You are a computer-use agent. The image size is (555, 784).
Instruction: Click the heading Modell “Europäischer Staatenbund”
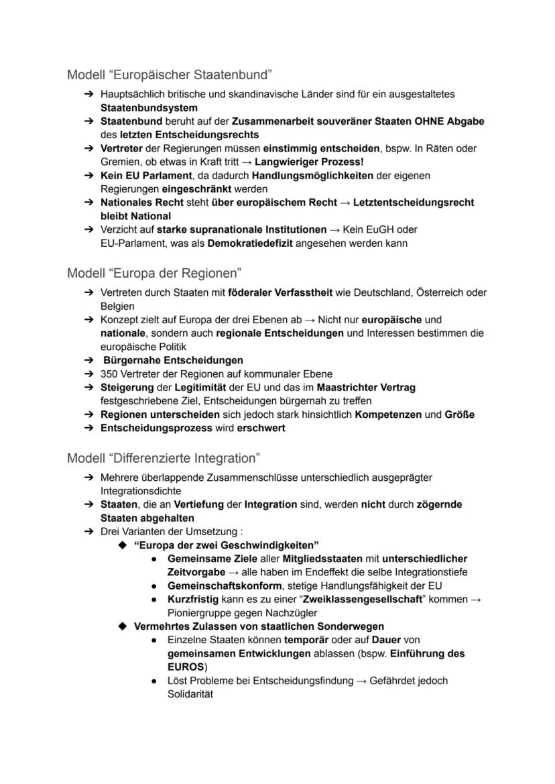click(x=169, y=74)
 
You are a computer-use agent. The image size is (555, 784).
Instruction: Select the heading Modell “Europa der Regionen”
click(x=154, y=273)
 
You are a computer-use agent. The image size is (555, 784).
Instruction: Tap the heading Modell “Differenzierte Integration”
click(x=164, y=458)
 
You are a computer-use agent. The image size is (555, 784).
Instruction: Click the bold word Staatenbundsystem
click(x=149, y=107)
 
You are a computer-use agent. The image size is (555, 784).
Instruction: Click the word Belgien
click(x=117, y=306)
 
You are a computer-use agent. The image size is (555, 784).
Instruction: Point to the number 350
click(x=109, y=374)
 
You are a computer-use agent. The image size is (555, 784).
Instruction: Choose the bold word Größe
click(x=459, y=414)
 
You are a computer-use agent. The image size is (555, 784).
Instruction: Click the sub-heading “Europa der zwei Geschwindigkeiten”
click(x=226, y=545)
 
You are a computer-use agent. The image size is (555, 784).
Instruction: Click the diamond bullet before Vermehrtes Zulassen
click(x=122, y=626)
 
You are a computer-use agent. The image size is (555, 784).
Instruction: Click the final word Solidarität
click(x=190, y=694)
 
